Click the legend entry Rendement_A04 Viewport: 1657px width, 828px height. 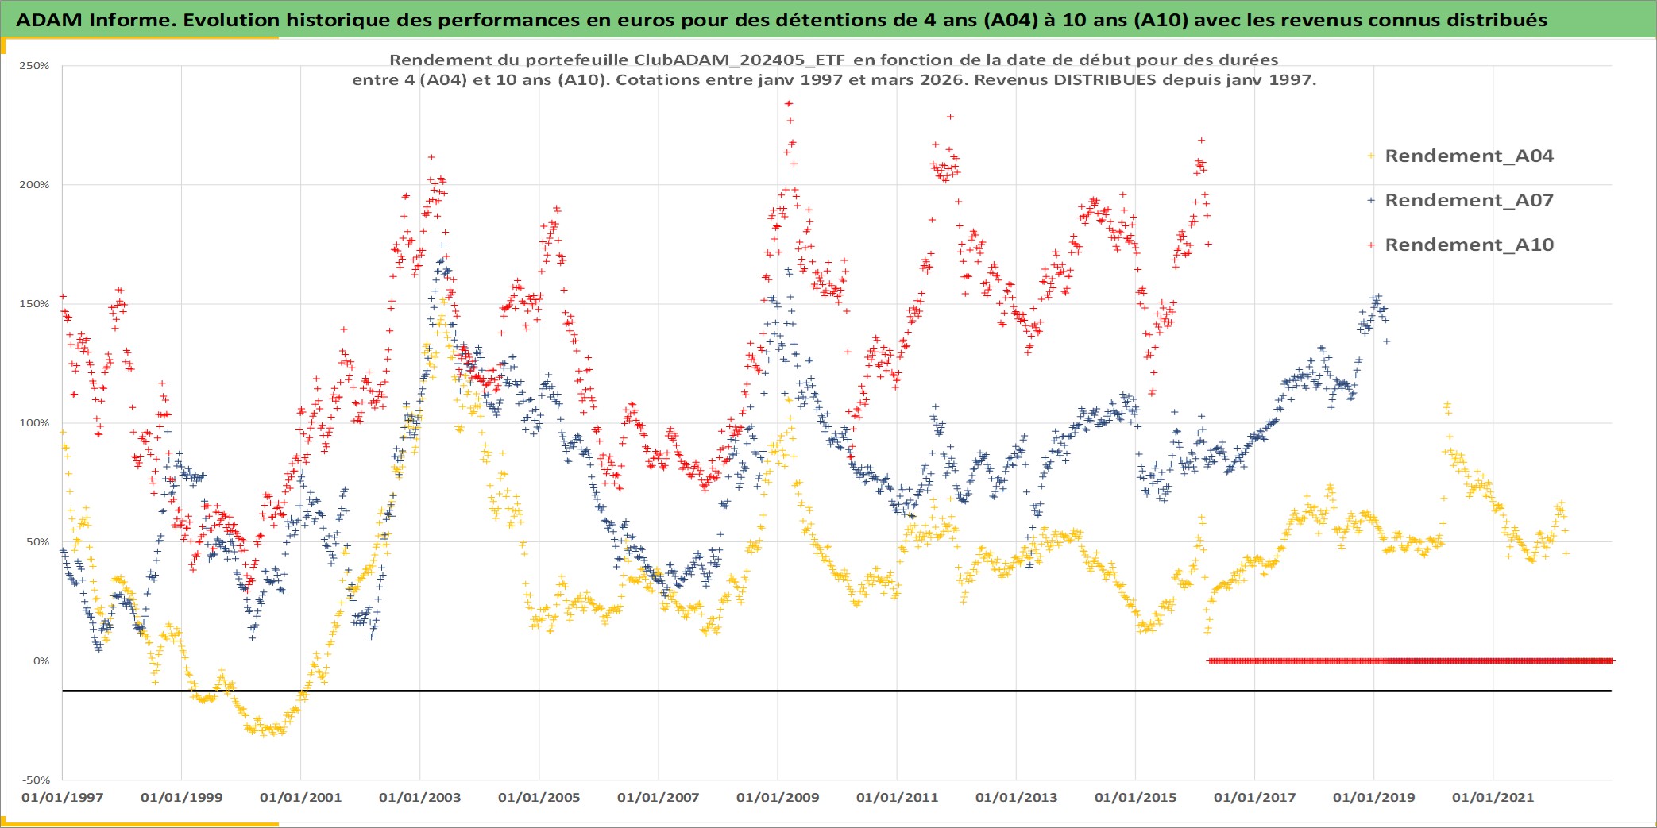click(x=1468, y=156)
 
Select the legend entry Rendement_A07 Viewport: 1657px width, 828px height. click(x=1468, y=200)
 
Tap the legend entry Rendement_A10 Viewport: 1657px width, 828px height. click(x=1468, y=245)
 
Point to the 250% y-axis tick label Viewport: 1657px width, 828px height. click(x=34, y=66)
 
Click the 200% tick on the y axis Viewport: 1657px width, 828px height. click(x=34, y=185)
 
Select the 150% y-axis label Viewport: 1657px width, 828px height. click(x=34, y=304)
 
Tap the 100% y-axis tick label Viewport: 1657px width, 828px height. click(x=34, y=423)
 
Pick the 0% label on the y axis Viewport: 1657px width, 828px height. click(x=41, y=661)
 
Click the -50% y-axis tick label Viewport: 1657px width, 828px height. click(x=34, y=780)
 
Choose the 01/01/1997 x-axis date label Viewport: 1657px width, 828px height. click(x=62, y=798)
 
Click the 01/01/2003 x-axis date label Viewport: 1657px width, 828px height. click(x=419, y=798)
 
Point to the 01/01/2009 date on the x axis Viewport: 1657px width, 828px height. click(x=777, y=798)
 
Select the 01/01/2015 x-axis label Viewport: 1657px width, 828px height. click(x=1135, y=798)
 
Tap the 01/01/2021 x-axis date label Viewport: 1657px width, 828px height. click(x=1493, y=798)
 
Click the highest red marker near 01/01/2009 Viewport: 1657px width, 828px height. click(x=788, y=103)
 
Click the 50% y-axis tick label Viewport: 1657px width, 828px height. click(x=37, y=542)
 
